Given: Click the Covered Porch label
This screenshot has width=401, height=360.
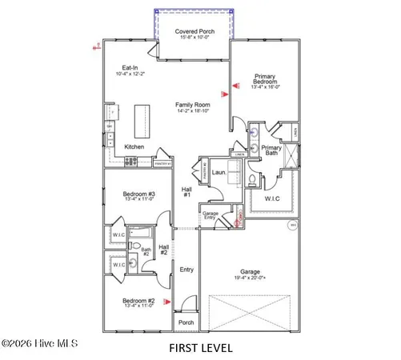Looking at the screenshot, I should [194, 32].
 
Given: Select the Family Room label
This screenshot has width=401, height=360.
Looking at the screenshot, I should [193, 105].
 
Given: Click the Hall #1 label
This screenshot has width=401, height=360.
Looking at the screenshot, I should [186, 191].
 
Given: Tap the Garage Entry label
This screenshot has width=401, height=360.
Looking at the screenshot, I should [211, 216].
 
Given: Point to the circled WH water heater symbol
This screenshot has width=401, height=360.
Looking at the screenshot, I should [293, 226].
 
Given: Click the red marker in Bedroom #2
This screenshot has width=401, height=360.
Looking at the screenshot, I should [166, 302].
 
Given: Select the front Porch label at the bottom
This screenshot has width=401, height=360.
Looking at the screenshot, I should [186, 322].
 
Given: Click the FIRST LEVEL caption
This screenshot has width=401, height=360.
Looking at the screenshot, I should [200, 348].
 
